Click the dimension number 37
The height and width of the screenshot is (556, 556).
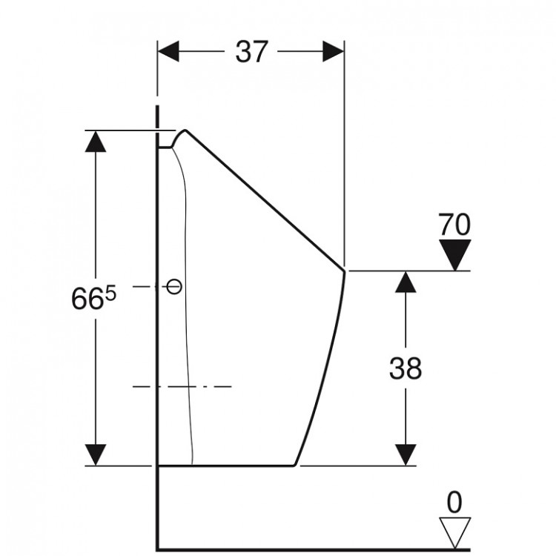pyautogui.click(x=251, y=52)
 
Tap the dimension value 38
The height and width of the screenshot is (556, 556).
pyautogui.click(x=406, y=368)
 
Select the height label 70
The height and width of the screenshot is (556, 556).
pyautogui.click(x=454, y=225)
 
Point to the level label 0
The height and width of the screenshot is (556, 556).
pyautogui.click(x=454, y=502)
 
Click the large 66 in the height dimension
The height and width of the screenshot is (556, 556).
pyautogui.click(x=87, y=299)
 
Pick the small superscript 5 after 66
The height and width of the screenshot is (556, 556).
pyautogui.click(x=111, y=294)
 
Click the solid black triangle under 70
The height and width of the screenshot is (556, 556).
pyautogui.click(x=455, y=255)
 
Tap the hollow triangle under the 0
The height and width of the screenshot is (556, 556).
pyautogui.click(x=455, y=533)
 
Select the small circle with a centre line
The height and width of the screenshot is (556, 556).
pyautogui.click(x=174, y=286)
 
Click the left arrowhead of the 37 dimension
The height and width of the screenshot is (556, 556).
pyautogui.click(x=168, y=51)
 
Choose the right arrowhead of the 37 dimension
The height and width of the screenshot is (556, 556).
pyautogui.click(x=334, y=51)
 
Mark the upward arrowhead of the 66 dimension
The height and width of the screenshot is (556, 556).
pyautogui.click(x=96, y=142)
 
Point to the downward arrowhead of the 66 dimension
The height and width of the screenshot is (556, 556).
pyautogui.click(x=96, y=455)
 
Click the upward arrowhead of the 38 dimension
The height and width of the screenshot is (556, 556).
pyautogui.click(x=406, y=282)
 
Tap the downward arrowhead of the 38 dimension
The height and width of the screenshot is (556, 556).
pyautogui.click(x=406, y=455)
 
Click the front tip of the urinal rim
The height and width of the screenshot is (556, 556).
pyautogui.click(x=344, y=271)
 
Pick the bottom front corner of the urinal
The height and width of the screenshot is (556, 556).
pyautogui.click(x=294, y=465)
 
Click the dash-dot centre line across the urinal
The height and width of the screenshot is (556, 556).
pyautogui.click(x=182, y=386)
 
